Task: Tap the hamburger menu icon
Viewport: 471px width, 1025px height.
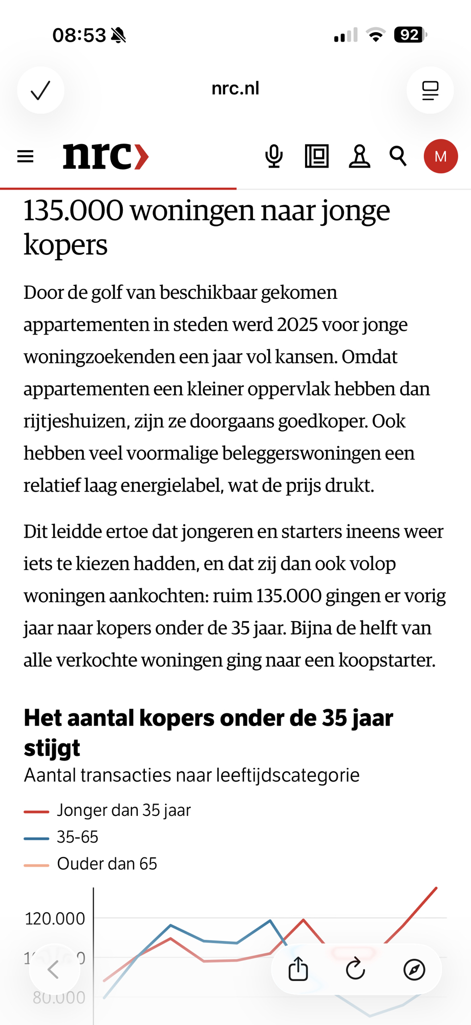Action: (25, 156)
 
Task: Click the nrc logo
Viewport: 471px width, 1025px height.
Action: (105, 156)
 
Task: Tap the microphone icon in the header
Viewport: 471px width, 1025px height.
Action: (274, 156)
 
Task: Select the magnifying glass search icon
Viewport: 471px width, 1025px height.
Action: (398, 156)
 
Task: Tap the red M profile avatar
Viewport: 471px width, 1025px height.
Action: (440, 156)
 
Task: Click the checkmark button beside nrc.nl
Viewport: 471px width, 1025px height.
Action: (40, 90)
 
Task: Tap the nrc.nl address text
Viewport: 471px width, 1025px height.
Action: (235, 89)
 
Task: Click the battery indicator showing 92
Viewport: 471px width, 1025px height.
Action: (410, 35)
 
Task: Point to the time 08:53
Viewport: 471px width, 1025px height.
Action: (79, 35)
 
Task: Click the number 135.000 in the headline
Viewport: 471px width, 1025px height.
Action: (73, 211)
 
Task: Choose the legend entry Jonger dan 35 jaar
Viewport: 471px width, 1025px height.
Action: (123, 810)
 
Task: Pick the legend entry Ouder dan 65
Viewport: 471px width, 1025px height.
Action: (106, 864)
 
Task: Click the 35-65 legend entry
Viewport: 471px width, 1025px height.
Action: (77, 837)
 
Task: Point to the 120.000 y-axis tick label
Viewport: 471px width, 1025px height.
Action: (55, 919)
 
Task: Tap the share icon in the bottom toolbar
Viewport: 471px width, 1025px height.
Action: (298, 969)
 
